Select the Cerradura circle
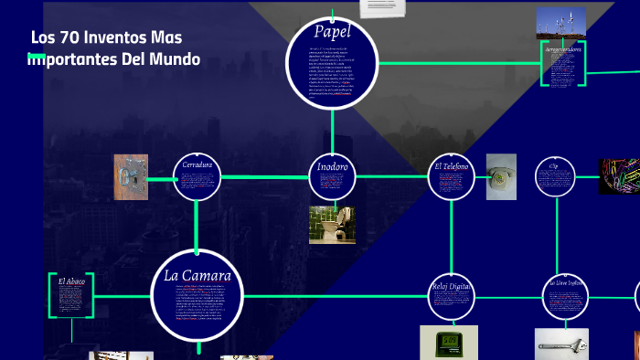(197, 177)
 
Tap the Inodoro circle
(332, 177)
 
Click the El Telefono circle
(452, 177)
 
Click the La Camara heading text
(197, 275)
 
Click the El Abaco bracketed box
(71, 294)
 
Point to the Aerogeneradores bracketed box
(563, 63)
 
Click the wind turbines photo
(561, 23)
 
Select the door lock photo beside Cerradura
(131, 177)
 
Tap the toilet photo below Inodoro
(332, 225)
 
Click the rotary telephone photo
(501, 176)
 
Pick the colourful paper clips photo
(619, 176)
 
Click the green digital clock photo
(449, 343)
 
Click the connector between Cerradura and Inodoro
(264, 177)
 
